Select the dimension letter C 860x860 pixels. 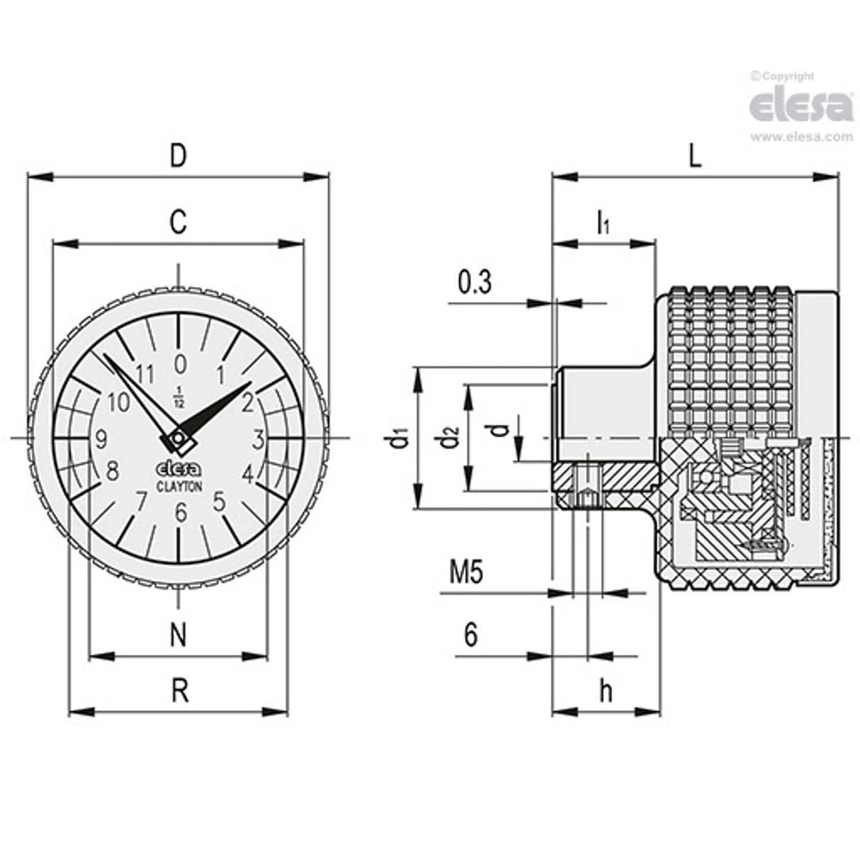coord(179,222)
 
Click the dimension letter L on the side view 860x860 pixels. coord(695,156)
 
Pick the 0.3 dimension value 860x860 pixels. coord(475,282)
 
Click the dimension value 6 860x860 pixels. coord(471,635)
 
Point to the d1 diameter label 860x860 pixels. coord(399,439)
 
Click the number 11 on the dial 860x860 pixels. coord(145,373)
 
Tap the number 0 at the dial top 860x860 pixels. coord(180,363)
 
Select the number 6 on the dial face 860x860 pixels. coord(181,511)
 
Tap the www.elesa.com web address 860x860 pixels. coord(800,137)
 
